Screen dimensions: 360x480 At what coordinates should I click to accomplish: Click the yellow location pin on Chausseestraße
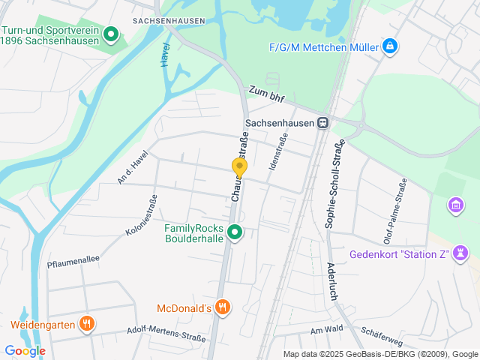pos(239,167)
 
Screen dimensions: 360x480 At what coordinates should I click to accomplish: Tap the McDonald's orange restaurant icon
pos(222,307)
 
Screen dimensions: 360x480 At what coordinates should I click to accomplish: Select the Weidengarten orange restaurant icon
pos(88,324)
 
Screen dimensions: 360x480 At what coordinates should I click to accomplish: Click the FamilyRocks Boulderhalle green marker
pos(235,233)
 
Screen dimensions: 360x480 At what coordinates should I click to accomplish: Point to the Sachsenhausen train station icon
pos(322,123)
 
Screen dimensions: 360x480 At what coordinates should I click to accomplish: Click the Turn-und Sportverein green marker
pos(111,34)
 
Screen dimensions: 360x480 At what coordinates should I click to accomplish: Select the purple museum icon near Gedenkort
pos(454,205)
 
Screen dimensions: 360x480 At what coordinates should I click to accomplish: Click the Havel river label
pos(165,55)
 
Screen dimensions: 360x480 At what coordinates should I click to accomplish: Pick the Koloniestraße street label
pos(141,216)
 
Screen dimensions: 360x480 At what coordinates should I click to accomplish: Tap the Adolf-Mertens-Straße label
pos(166,333)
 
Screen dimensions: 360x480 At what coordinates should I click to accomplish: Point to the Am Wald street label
pos(326,330)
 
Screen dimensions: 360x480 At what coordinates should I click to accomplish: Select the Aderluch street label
pos(331,281)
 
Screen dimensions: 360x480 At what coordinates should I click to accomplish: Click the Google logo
pos(25,350)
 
